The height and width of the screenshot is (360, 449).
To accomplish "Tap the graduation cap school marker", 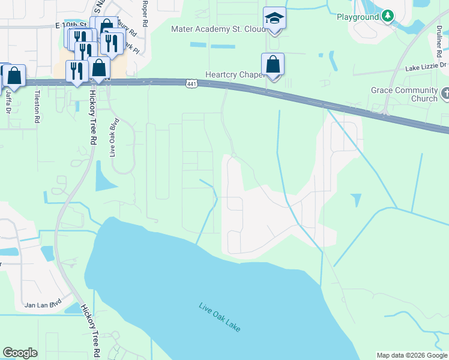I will coord(274,19).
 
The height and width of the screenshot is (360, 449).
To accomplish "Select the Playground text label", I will coord(357,17).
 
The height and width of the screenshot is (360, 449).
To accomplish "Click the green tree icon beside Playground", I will coord(388,16).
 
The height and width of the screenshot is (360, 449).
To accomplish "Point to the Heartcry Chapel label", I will coord(234,74).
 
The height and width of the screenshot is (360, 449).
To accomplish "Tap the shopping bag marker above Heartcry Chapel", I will coord(273,64).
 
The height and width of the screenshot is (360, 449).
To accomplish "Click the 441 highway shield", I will coord(191,84).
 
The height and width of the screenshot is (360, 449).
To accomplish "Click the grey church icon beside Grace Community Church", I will coord(445,93).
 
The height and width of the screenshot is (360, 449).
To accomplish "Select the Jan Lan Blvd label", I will coord(44,305).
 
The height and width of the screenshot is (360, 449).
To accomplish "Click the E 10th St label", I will coord(70,26).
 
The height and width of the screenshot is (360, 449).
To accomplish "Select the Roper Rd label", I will coord(145,13).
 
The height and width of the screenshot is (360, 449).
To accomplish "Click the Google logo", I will coord(20,353).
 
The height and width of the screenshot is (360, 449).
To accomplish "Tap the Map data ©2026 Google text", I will coord(411,355).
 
